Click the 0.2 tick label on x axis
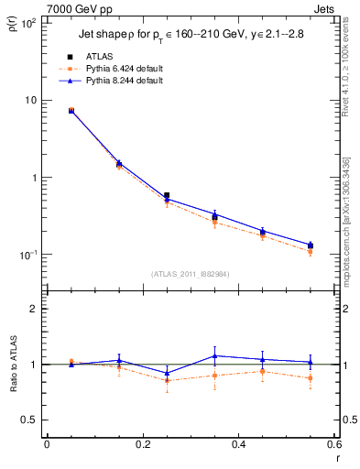point(142,444)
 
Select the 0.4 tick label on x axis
point(238,444)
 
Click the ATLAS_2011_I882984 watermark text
point(190,274)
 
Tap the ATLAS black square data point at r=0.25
point(166,195)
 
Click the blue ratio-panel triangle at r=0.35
point(214,355)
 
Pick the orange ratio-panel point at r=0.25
point(166,380)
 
